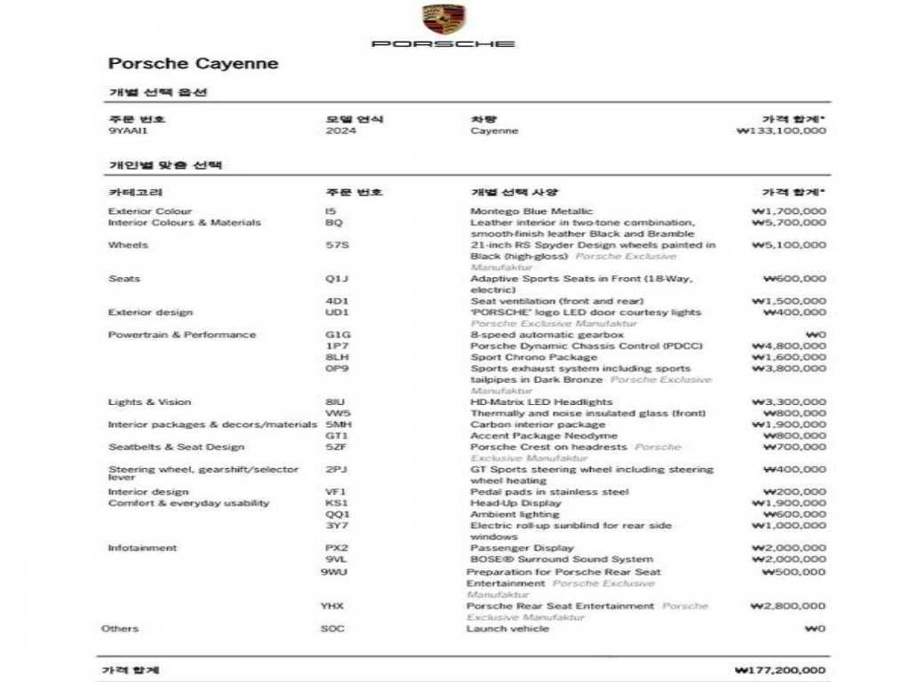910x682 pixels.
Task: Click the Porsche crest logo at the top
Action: pyautogui.click(x=443, y=20)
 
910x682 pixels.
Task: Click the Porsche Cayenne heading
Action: pyautogui.click(x=193, y=64)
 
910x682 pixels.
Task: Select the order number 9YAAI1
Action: pyautogui.click(x=128, y=131)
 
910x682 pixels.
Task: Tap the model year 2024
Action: pyautogui.click(x=340, y=131)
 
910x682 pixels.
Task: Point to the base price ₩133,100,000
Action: pyautogui.click(x=781, y=131)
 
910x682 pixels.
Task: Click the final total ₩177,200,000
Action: pyautogui.click(x=780, y=670)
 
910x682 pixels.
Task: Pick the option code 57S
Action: pyautogui.click(x=338, y=245)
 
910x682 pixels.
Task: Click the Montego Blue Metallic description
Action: pyautogui.click(x=531, y=211)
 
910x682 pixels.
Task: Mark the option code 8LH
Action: pyautogui.click(x=336, y=358)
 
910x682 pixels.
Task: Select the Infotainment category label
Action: pyautogui.click(x=142, y=548)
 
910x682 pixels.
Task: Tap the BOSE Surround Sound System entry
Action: pyautogui.click(x=561, y=559)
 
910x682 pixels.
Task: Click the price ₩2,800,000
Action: pyautogui.click(x=788, y=607)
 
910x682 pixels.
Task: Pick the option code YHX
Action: pyautogui.click(x=332, y=607)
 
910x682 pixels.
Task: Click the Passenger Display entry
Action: pyautogui.click(x=522, y=548)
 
